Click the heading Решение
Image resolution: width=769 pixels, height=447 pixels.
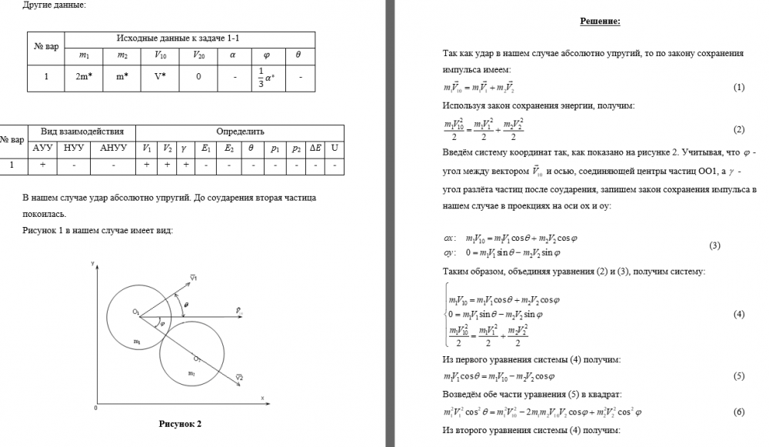[x=600, y=21]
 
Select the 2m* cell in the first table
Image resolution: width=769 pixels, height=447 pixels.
[x=84, y=77]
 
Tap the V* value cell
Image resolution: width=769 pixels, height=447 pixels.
[x=160, y=77]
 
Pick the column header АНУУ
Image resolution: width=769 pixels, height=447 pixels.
[x=113, y=147]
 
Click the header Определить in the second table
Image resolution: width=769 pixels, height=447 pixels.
[x=240, y=132]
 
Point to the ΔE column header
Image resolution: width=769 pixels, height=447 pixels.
[x=315, y=147]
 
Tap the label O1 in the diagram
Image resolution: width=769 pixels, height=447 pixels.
[x=135, y=312]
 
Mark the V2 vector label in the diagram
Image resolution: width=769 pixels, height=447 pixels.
[x=239, y=378]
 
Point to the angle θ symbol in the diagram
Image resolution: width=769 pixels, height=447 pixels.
[x=186, y=305]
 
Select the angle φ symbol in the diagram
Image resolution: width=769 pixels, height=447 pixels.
[x=161, y=323]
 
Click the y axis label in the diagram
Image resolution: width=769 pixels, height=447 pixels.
[x=93, y=264]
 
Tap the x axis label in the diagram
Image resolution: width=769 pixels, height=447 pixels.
[x=261, y=398]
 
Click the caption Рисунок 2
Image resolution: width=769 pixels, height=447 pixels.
[x=180, y=424]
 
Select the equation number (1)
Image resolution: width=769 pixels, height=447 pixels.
[x=739, y=88]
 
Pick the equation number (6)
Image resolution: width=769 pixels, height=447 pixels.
[x=739, y=412]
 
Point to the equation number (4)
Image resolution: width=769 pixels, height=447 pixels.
[x=739, y=315]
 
